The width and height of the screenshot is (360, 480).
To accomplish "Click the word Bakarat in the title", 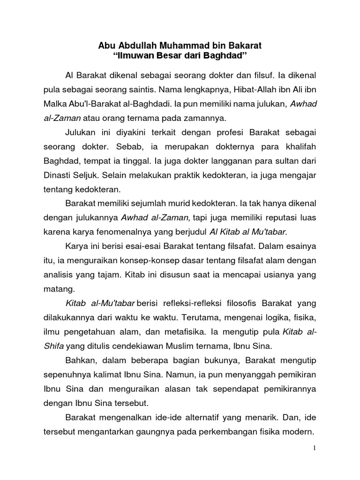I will click(245, 46).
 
